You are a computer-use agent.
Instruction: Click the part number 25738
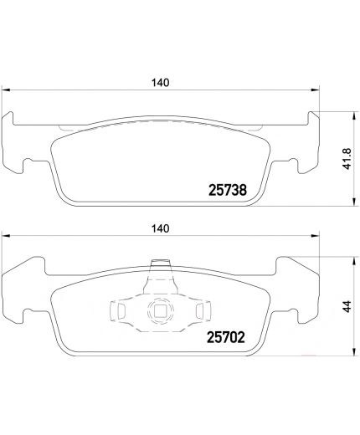226,190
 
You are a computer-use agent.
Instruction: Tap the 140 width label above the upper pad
162,82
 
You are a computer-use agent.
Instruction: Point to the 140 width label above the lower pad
162,228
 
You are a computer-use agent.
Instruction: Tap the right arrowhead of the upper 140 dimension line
316,91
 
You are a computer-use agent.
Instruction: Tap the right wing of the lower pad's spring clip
198,312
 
